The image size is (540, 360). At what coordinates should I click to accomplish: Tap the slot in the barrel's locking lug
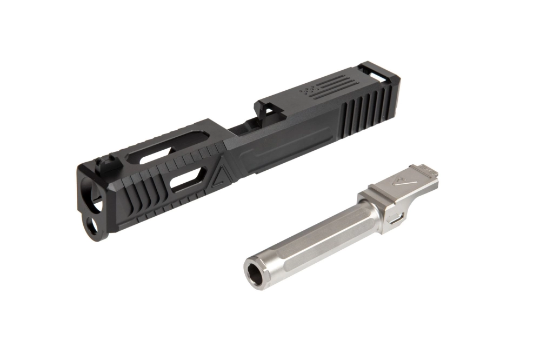(396, 219)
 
